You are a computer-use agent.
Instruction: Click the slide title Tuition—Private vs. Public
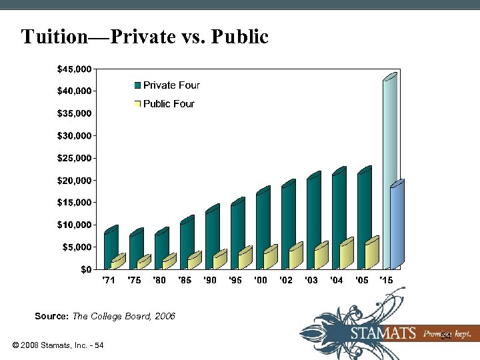click(x=145, y=36)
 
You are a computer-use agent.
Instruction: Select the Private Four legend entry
click(x=167, y=85)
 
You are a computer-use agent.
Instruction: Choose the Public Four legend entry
click(x=165, y=104)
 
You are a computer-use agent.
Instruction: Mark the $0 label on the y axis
click(x=86, y=269)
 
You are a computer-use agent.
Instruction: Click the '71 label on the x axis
click(x=108, y=281)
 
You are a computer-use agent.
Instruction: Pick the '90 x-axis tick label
click(x=210, y=281)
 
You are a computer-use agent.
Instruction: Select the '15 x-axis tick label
click(x=386, y=281)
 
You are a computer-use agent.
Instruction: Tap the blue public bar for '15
click(x=397, y=227)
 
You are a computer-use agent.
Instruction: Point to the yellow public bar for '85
click(x=193, y=261)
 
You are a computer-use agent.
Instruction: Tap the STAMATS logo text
click(x=383, y=333)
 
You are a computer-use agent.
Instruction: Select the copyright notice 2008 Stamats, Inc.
click(x=57, y=345)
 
